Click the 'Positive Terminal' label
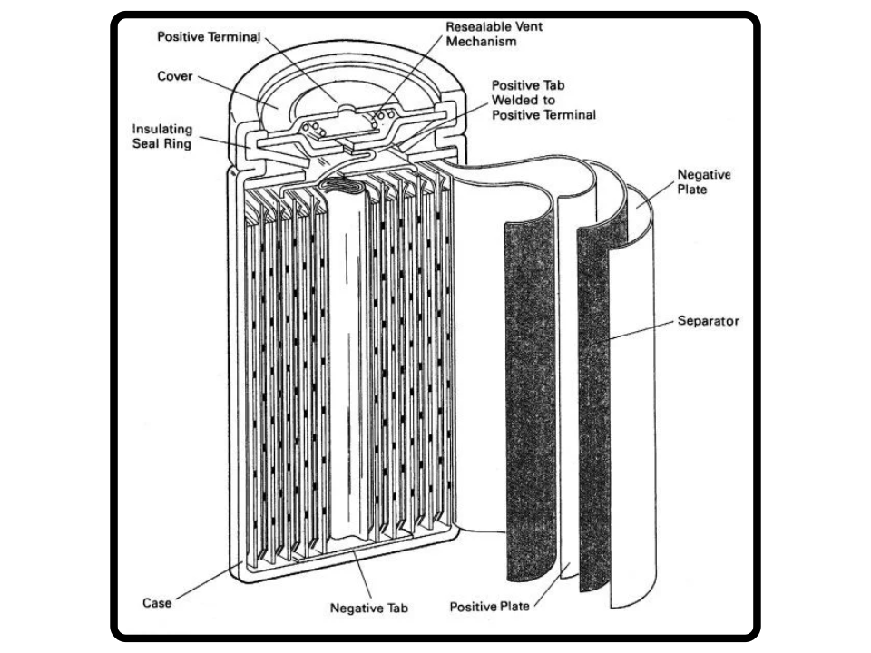coord(209,37)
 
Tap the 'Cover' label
coord(174,77)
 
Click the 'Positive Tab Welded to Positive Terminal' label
coord(543,99)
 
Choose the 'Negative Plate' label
coord(703,181)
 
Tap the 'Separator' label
coord(708,321)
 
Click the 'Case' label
coord(157,602)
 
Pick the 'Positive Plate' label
coord(490,606)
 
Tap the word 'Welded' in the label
coord(514,99)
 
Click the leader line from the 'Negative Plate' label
coord(657,194)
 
